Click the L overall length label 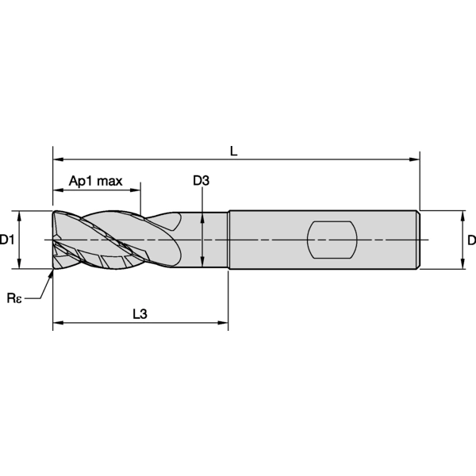233,151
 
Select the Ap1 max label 96,181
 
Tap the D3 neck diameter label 201,181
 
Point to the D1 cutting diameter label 6,240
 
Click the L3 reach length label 140,314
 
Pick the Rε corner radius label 14,298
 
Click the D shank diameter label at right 471,240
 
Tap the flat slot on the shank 332,240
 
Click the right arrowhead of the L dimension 414,159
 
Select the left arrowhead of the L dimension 58,159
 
